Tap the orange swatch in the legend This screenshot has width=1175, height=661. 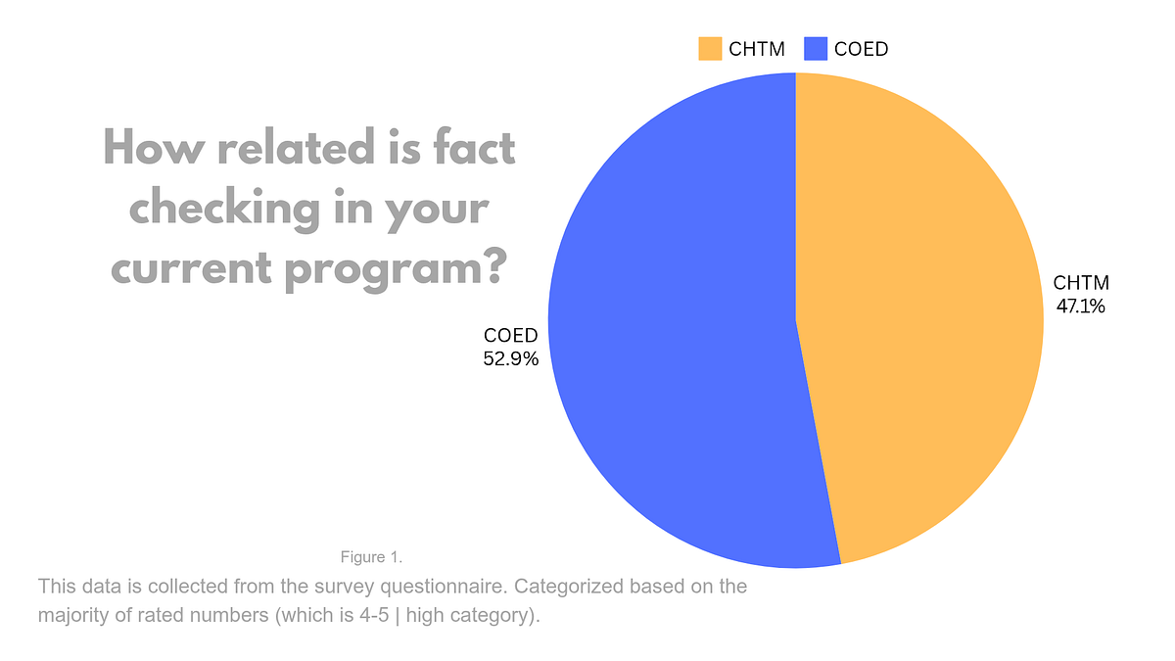710,48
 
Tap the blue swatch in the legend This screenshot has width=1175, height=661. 816,48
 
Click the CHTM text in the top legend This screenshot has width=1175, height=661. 757,49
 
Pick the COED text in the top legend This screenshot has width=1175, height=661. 862,49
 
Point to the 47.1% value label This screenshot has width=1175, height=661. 1080,307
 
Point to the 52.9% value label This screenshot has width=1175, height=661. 511,358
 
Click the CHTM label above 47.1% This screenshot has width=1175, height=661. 1081,284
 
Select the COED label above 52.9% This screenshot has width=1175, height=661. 511,336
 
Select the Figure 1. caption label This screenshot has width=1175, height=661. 371,557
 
